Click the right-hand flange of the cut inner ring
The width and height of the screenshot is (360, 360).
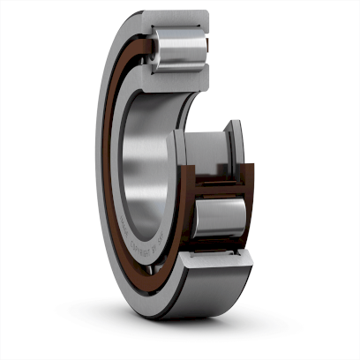point(236,146)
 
